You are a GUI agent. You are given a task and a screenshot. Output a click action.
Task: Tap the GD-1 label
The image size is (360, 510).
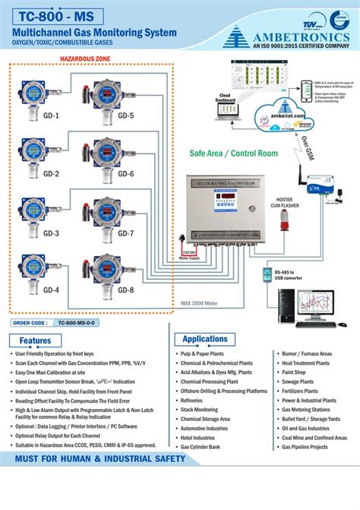click(30, 116)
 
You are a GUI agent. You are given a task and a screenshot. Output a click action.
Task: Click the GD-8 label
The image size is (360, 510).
click(125, 290)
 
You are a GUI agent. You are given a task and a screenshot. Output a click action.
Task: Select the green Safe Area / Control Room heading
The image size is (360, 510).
click(233, 153)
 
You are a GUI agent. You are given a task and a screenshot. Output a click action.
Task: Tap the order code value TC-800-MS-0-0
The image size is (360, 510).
click(71, 322)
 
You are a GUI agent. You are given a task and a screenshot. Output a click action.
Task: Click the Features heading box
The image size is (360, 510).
click(36, 341)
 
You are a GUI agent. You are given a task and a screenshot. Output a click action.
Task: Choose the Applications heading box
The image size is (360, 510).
click(204, 338)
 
